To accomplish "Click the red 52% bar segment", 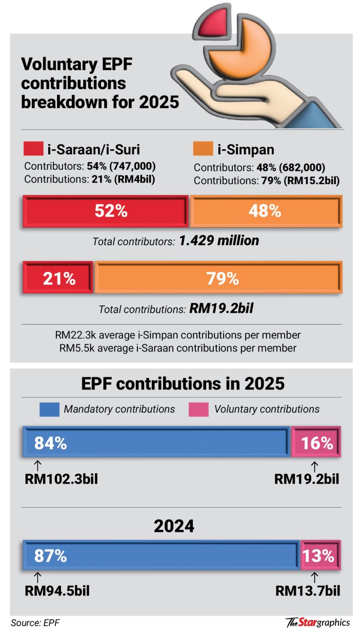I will point(105,211).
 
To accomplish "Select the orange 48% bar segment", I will point(266,211).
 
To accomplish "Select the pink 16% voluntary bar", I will point(316,442).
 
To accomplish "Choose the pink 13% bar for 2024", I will point(320,555).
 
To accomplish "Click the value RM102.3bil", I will point(61,479).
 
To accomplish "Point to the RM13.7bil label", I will point(307,591).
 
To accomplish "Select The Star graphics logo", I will point(318,623).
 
